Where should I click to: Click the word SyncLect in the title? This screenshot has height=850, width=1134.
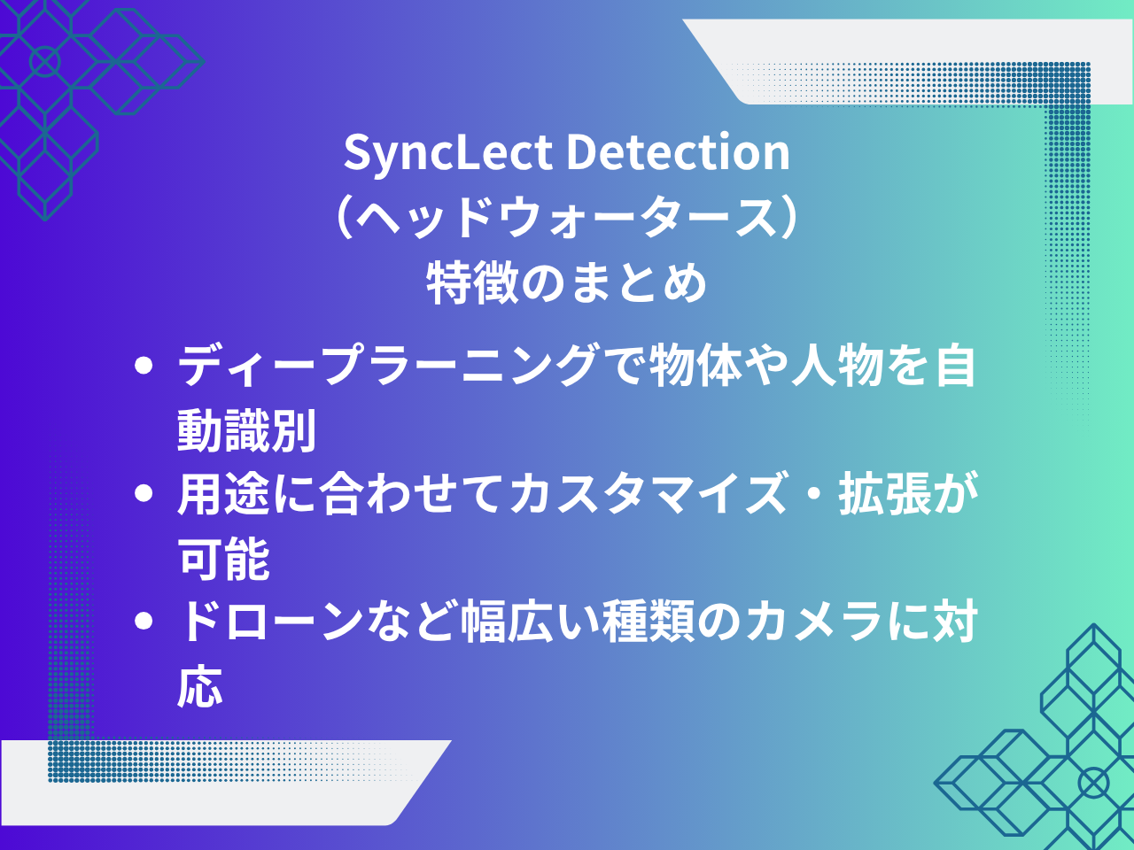(x=448, y=153)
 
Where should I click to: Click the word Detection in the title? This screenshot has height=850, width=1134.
(x=679, y=151)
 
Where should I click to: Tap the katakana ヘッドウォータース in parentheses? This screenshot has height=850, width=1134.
(x=567, y=217)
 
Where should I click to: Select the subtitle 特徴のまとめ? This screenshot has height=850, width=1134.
(x=567, y=282)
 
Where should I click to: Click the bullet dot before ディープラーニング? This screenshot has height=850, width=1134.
(x=144, y=366)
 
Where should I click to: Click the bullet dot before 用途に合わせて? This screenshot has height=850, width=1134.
(x=144, y=493)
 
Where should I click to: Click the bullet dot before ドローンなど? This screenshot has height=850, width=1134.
(x=144, y=621)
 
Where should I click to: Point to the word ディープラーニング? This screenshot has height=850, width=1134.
(x=388, y=366)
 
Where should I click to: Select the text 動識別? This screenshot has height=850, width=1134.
(x=246, y=430)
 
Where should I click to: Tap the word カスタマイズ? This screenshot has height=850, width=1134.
(x=648, y=493)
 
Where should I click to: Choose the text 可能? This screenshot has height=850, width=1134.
(x=224, y=558)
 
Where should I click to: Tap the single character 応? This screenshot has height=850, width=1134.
(x=200, y=685)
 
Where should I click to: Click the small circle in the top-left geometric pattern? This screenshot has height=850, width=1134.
(x=45, y=61)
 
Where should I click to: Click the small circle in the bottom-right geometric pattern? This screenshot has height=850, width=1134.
(x=1093, y=784)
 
